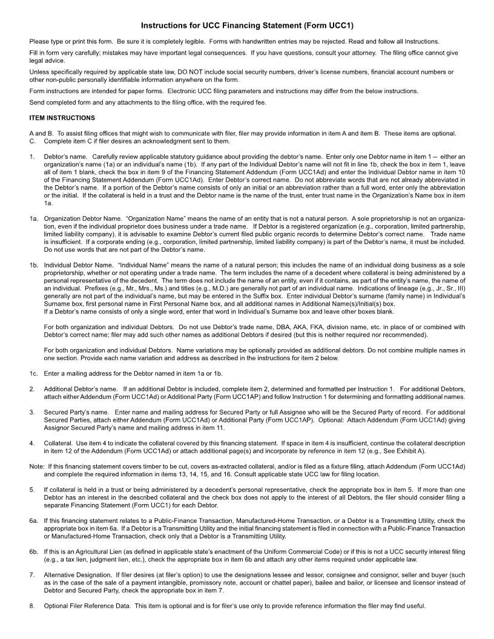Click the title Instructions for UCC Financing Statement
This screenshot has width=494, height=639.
click(x=247, y=26)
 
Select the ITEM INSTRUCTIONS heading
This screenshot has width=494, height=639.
click(x=62, y=117)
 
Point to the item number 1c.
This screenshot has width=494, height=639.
click(x=34, y=374)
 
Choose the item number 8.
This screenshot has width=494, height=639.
click(x=31, y=606)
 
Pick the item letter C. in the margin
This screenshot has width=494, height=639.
click(x=32, y=141)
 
